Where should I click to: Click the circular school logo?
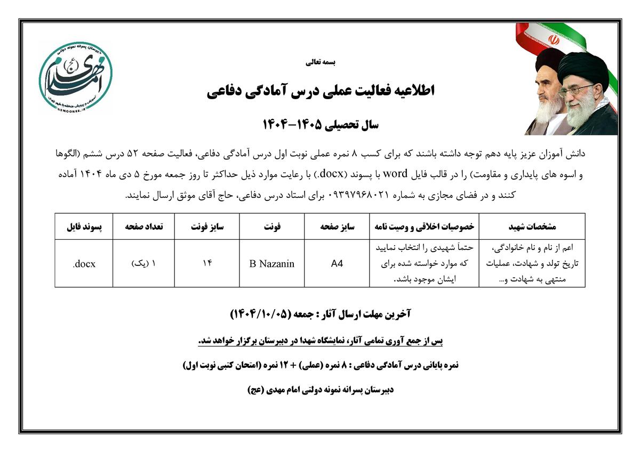(75, 77)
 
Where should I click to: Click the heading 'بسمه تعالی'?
(321, 62)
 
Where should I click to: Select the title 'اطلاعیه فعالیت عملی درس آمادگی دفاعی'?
(321, 91)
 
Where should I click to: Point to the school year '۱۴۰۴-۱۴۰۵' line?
(321, 126)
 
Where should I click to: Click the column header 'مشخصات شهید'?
(532, 227)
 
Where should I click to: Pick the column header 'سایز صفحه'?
(337, 227)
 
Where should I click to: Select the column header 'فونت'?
(271, 227)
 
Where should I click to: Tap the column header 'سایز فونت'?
(207, 227)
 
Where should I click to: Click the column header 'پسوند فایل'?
(84, 227)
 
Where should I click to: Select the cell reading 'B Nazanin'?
(271, 264)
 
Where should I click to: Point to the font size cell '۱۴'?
(207, 263)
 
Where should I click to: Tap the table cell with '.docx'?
(84, 264)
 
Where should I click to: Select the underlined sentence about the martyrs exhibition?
(321, 340)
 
